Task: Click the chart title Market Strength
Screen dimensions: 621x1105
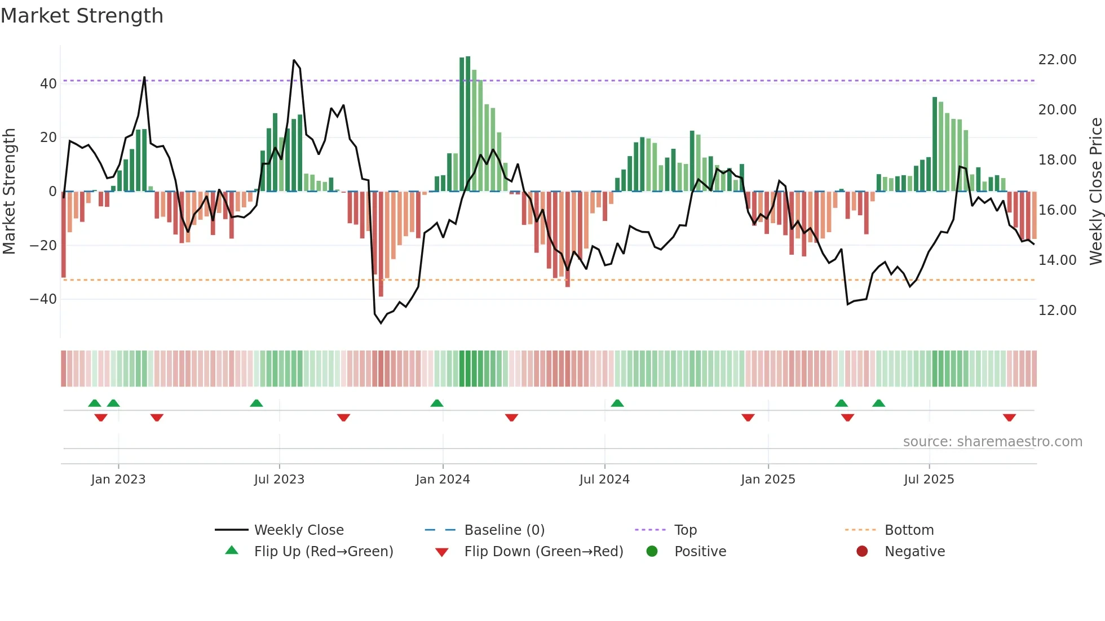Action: (x=82, y=16)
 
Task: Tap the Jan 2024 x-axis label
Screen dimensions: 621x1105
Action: (x=443, y=479)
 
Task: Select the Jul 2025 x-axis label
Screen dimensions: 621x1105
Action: (x=929, y=479)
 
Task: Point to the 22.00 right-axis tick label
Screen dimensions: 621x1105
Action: (x=1057, y=60)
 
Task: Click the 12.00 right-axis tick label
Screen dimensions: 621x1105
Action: (x=1057, y=310)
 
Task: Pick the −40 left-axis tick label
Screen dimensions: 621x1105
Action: (x=43, y=299)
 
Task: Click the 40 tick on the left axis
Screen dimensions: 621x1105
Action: (x=48, y=84)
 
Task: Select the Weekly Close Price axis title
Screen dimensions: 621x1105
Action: (x=1095, y=191)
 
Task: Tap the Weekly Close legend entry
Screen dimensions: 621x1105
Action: (x=299, y=530)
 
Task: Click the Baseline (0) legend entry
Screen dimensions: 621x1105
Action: (x=504, y=530)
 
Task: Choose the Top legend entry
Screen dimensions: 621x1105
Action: (x=686, y=530)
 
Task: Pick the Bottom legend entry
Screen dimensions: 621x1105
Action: (x=909, y=530)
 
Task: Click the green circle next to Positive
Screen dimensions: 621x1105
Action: (x=652, y=551)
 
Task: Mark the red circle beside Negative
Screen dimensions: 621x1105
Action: (x=862, y=551)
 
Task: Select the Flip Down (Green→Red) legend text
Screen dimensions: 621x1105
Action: (x=543, y=551)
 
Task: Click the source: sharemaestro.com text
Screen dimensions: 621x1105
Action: (x=992, y=442)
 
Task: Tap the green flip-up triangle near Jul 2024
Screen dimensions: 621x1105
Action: (x=617, y=403)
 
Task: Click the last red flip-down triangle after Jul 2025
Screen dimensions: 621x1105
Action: (x=1009, y=418)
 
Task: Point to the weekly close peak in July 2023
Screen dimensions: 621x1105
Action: (x=294, y=60)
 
